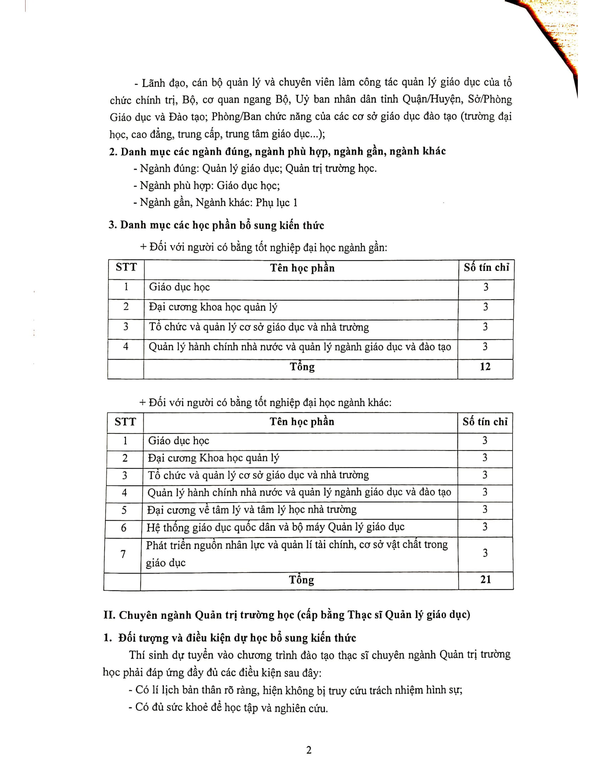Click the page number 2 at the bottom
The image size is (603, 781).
[309, 750]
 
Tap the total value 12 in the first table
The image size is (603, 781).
[485, 367]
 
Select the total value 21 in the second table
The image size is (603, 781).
[486, 579]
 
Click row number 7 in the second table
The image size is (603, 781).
[123, 554]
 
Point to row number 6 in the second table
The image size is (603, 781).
[123, 528]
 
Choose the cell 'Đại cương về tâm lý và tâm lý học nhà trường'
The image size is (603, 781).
[251, 509]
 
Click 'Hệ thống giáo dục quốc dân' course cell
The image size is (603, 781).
[275, 527]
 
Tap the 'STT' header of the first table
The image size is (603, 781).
[126, 267]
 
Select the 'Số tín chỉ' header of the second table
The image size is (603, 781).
[485, 422]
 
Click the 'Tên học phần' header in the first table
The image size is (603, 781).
[302, 268]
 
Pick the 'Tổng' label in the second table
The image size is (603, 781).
[301, 580]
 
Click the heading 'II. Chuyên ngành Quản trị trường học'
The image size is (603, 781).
[287, 615]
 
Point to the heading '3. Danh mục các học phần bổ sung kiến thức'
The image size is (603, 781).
[216, 225]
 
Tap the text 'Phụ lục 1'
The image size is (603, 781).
[277, 203]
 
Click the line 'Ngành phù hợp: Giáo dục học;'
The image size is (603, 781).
[206, 186]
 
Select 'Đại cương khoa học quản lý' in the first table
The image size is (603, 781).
[213, 307]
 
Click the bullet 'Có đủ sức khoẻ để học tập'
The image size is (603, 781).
[231, 708]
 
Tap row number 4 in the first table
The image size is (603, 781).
[126, 346]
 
